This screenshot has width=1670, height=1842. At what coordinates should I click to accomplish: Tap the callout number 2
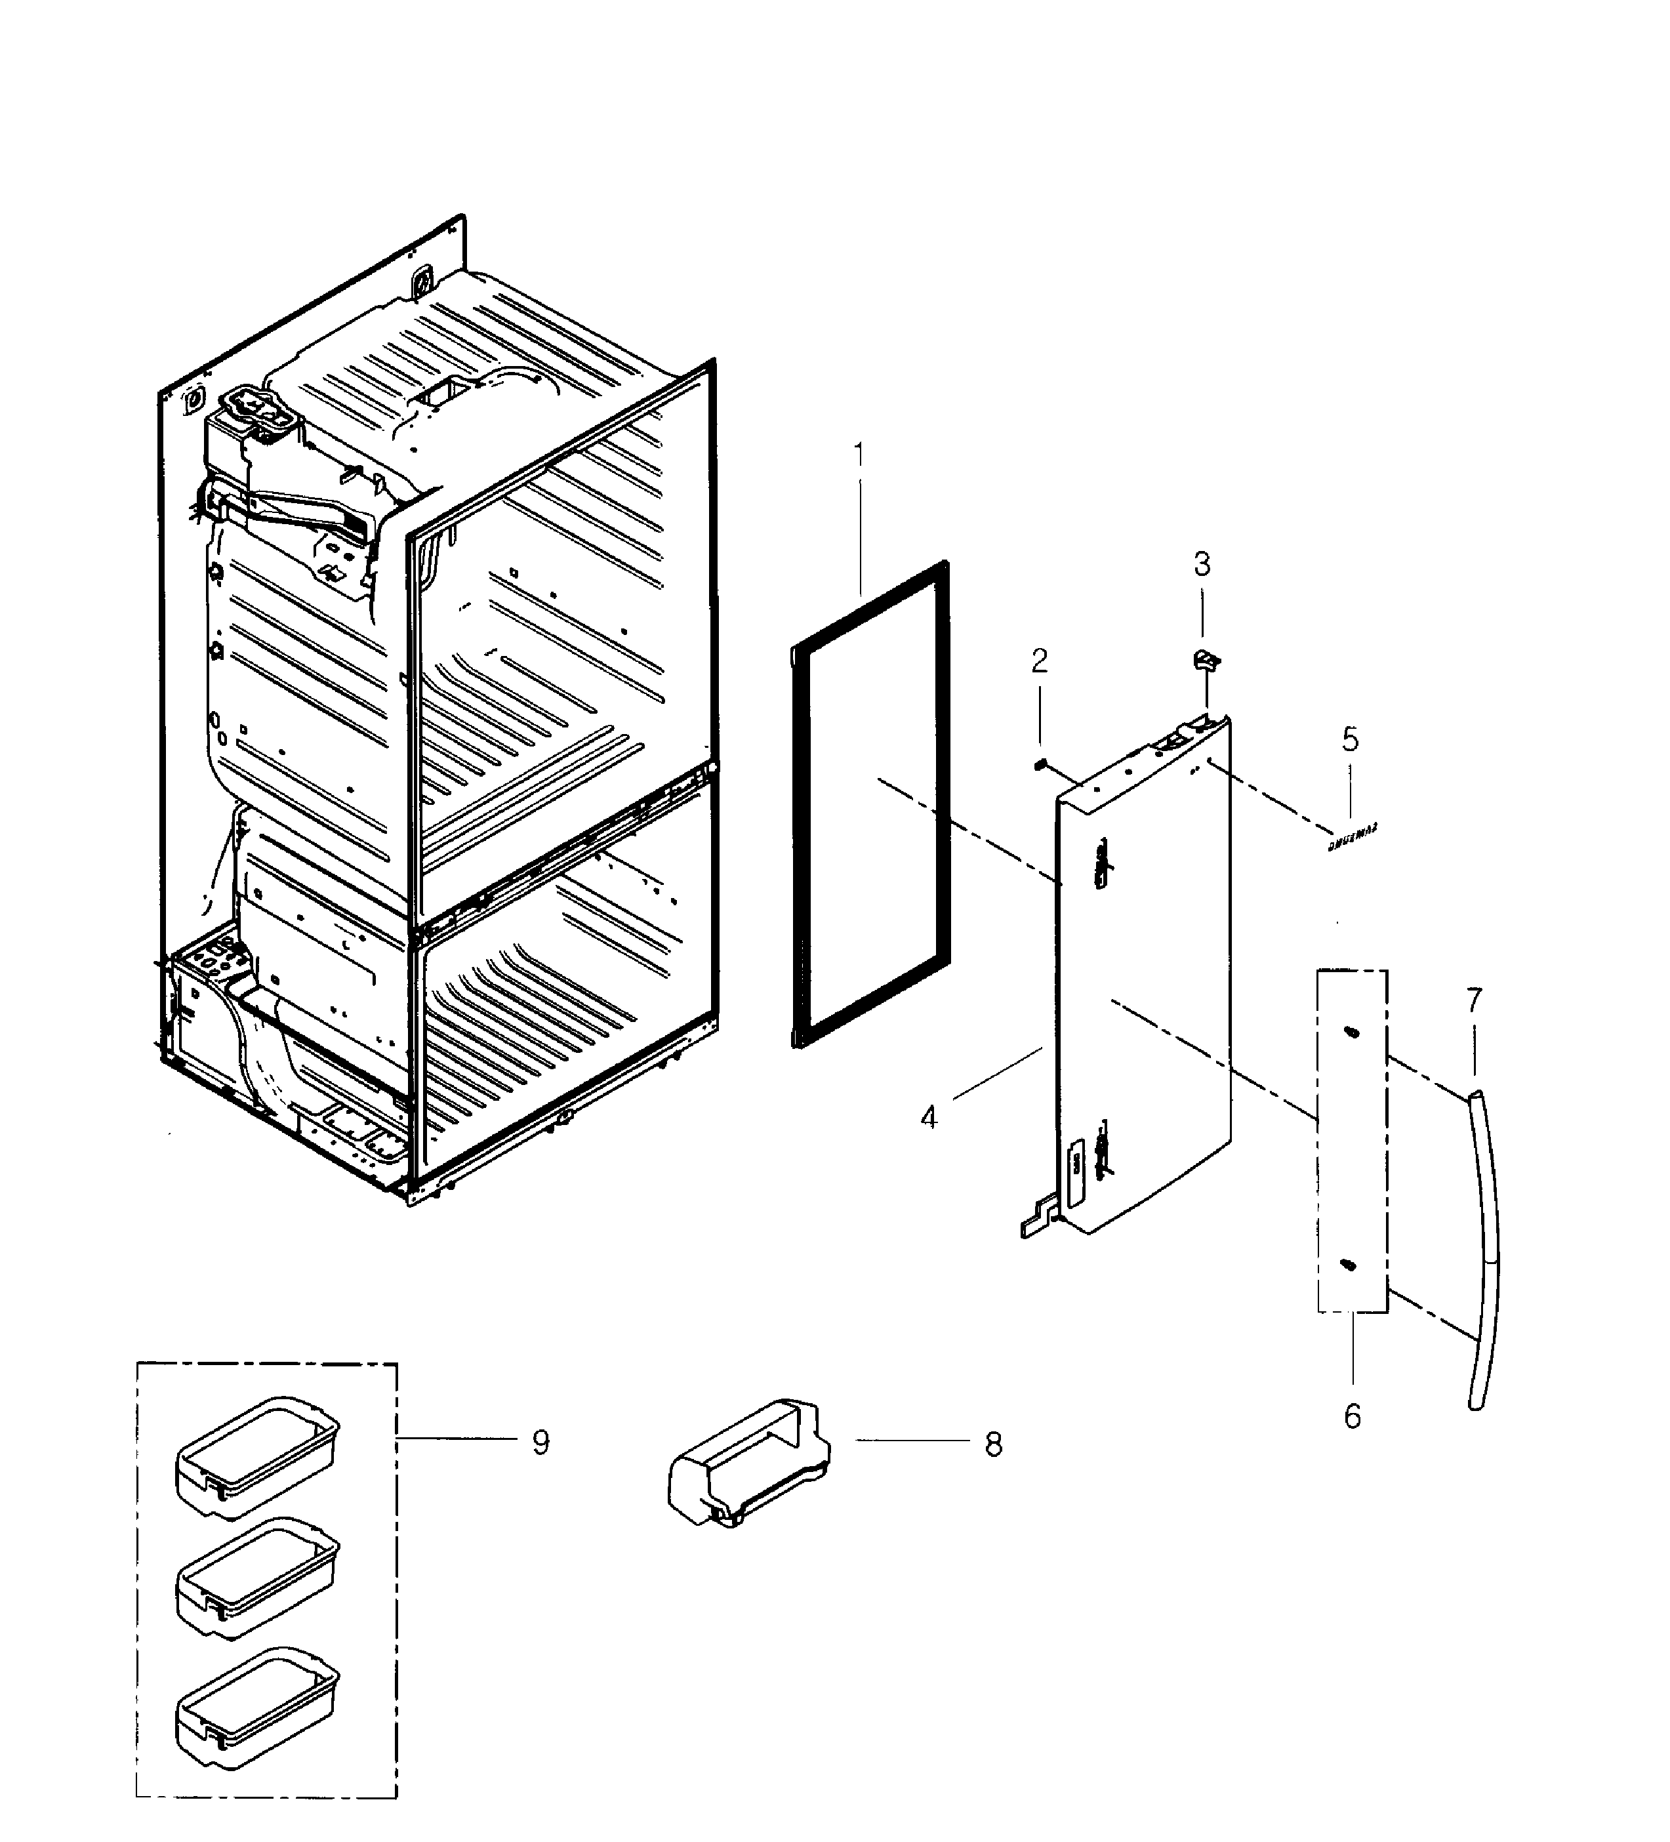[1040, 661]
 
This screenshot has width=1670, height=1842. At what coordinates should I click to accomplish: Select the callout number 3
[1202, 565]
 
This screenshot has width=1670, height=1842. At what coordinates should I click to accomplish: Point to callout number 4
[929, 1116]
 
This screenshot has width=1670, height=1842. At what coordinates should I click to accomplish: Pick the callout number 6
[1352, 1416]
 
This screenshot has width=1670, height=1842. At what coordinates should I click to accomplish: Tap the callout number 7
[1474, 1000]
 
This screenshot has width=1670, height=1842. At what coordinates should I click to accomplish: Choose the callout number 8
[993, 1444]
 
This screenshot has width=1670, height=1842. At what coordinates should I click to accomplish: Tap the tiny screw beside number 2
[1040, 764]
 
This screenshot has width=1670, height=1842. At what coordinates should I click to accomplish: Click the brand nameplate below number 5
[1352, 836]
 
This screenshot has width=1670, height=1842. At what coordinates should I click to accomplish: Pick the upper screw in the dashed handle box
[1351, 1032]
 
